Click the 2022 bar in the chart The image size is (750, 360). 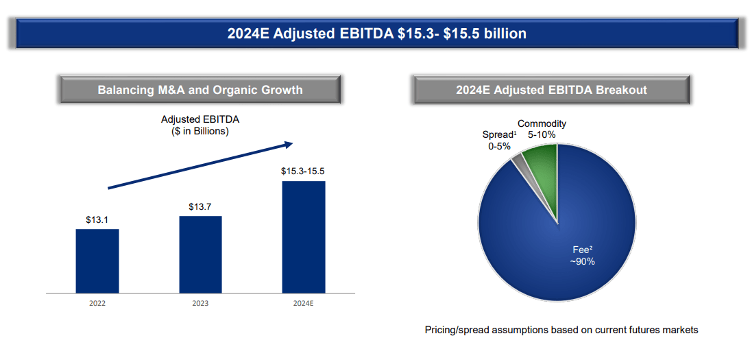click(x=97, y=261)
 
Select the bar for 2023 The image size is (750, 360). click(x=200, y=254)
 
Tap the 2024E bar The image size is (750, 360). click(x=304, y=237)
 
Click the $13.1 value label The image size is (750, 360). click(x=97, y=220)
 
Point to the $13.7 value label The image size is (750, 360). click(x=200, y=206)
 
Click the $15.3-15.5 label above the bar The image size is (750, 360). click(x=303, y=171)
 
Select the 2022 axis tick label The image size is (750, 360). click(x=97, y=302)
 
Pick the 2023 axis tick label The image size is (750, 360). click(x=200, y=302)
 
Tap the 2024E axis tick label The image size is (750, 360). click(x=303, y=302)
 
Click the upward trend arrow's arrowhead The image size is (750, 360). click(x=288, y=144)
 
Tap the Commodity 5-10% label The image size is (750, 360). click(x=542, y=129)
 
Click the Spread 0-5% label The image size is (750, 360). click(x=498, y=140)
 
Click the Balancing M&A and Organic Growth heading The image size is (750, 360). click(x=200, y=90)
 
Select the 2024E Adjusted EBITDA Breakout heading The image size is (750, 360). click(x=551, y=90)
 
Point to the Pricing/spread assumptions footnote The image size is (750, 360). click(x=561, y=330)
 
